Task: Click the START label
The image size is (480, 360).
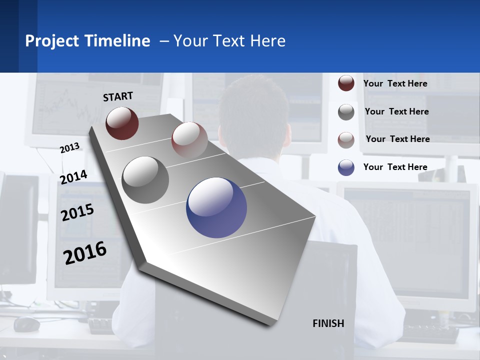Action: [x=118, y=96]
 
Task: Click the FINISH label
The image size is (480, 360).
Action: [x=328, y=323]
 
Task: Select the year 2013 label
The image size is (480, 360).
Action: [x=69, y=148]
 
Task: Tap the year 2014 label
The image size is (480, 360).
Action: [x=73, y=177]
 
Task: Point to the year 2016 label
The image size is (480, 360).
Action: [x=85, y=252]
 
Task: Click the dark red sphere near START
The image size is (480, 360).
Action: [x=122, y=123]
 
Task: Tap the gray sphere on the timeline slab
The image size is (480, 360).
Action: [x=145, y=179]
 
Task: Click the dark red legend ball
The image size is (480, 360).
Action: [x=346, y=83]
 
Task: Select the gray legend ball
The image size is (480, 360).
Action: [x=346, y=112]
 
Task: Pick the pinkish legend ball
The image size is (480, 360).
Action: [x=346, y=139]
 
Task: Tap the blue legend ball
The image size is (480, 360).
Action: [x=346, y=167]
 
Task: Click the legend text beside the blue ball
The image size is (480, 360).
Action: [x=395, y=167]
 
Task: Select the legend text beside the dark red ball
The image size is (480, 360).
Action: [x=395, y=83]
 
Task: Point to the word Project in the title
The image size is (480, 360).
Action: [x=52, y=41]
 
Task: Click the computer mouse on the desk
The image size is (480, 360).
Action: [x=26, y=324]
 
